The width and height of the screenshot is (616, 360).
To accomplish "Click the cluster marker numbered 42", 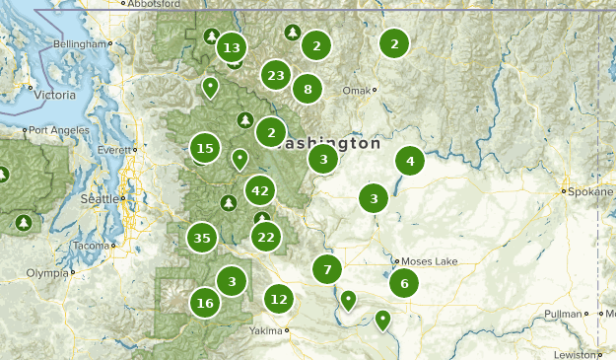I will tap(260, 190).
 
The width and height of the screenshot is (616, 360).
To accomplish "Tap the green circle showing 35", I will tap(202, 238).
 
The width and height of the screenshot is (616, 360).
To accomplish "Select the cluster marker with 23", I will tap(276, 75).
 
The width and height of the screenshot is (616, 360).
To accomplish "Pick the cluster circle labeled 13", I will tap(232, 47).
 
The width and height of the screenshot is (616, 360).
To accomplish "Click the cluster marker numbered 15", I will tap(205, 149).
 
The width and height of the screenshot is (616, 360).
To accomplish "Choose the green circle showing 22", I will tap(265, 236).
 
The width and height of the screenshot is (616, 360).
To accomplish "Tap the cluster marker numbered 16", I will tap(205, 303).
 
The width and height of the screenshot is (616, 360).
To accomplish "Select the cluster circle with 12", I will tap(280, 298).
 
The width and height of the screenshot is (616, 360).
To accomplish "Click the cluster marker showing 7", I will tap(327, 267).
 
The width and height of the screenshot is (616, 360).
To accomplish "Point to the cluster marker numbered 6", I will tap(403, 283).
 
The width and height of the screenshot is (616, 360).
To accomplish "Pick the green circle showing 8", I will tap(308, 90).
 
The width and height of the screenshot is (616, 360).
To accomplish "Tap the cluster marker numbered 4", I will tap(410, 160).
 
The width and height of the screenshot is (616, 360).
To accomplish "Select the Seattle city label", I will tap(99, 198).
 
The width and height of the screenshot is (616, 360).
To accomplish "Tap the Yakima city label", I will tap(265, 330).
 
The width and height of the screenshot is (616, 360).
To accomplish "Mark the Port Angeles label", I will tap(54, 130).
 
